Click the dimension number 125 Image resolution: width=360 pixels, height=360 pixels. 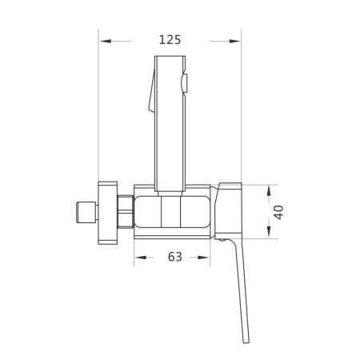click(x=169, y=39)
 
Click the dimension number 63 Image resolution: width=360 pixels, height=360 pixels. click(x=175, y=257)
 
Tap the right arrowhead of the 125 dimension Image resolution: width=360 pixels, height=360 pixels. click(x=236, y=39)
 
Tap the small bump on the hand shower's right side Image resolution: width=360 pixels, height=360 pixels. click(x=186, y=82)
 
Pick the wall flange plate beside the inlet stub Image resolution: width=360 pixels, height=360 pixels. click(x=106, y=212)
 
